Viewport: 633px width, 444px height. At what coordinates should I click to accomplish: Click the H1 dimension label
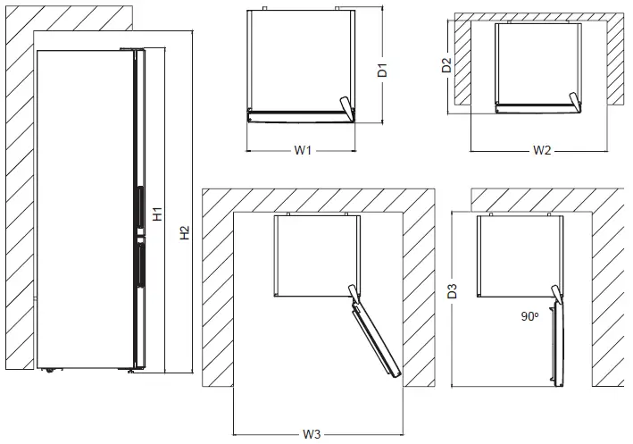click(x=157, y=214)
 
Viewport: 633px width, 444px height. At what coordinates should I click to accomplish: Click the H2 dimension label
click(x=184, y=233)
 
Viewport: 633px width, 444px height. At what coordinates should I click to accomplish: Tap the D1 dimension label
click(x=381, y=70)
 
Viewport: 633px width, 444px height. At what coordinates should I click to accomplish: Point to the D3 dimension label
click(x=453, y=290)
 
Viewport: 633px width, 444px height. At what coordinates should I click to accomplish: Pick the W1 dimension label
click(x=303, y=151)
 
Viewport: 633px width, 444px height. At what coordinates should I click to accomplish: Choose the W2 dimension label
click(x=542, y=151)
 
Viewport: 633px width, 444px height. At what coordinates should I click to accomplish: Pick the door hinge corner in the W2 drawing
click(x=575, y=100)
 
